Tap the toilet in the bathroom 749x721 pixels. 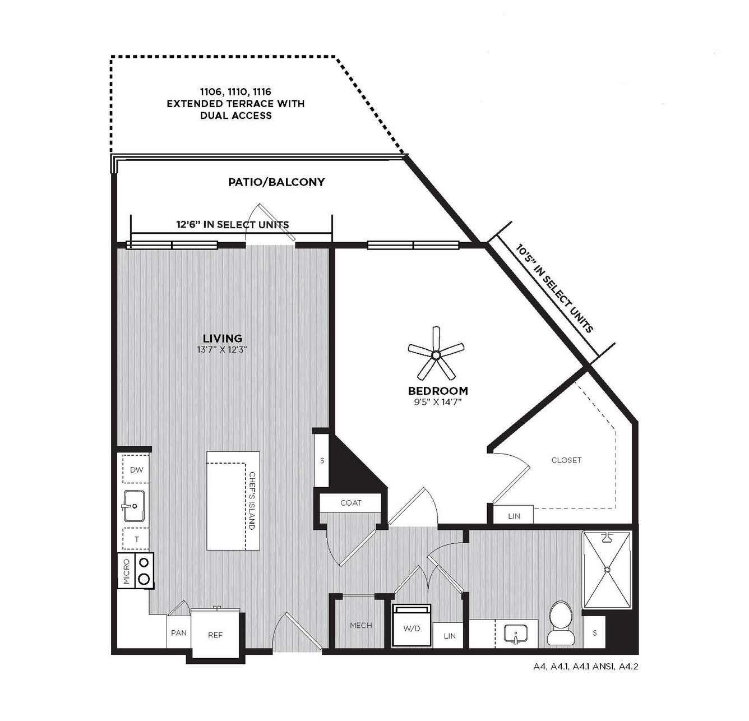(561, 623)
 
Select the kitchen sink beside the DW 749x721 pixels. (133, 506)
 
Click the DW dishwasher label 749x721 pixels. (137, 470)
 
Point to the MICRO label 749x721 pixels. (127, 571)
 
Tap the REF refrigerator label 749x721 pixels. (215, 635)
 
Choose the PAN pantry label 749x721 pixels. (179, 633)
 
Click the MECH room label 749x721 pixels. (361, 626)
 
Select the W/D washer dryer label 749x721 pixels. (412, 628)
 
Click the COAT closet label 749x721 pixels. (350, 503)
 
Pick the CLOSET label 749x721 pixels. (566, 460)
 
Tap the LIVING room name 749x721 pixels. (223, 339)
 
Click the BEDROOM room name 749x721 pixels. (438, 391)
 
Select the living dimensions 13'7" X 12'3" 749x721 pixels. (221, 350)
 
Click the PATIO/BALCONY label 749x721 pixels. (276, 182)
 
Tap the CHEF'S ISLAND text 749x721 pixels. (252, 501)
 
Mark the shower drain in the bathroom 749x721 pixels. (607, 569)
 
